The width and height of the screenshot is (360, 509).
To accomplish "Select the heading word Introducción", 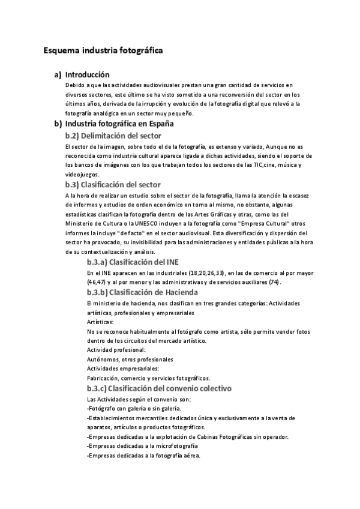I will [x=87, y=75].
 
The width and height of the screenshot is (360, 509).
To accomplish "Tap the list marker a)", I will [x=58, y=75].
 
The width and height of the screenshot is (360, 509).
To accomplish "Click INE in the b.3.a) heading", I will [x=170, y=262].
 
